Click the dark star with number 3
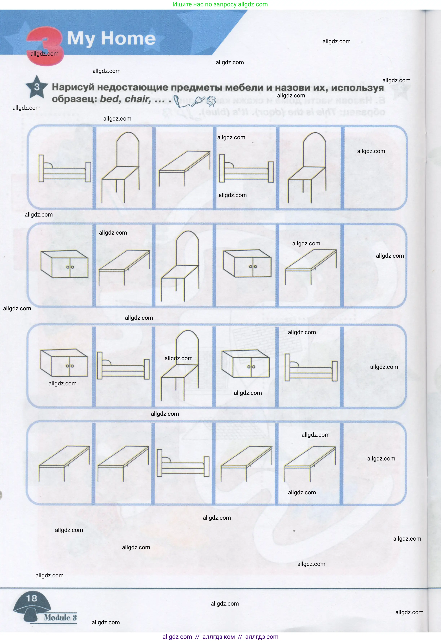pyautogui.click(x=36, y=87)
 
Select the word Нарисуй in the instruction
pyautogui.click(x=73, y=87)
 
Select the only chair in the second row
pyautogui.click(x=180, y=267)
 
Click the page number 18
pyautogui.click(x=32, y=598)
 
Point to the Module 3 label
pyautogui.click(x=60, y=617)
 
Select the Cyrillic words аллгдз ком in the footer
pyautogui.click(x=219, y=636)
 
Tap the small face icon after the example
pyautogui.click(x=211, y=101)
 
